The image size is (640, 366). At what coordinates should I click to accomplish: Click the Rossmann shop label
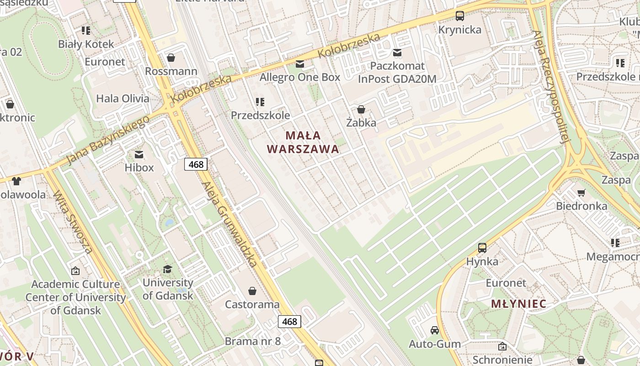click(x=171, y=71)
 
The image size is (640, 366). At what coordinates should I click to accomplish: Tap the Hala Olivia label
click(x=123, y=98)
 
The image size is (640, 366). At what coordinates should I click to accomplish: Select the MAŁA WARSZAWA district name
click(x=303, y=142)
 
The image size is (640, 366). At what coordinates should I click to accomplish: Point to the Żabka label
click(x=361, y=123)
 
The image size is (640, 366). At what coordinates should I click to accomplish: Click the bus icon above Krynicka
click(x=460, y=16)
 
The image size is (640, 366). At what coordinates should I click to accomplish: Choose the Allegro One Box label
click(x=300, y=77)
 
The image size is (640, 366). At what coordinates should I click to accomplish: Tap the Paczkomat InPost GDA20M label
click(x=397, y=72)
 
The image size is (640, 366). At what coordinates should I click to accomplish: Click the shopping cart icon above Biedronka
click(x=581, y=193)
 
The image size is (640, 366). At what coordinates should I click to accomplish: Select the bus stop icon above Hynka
click(x=482, y=248)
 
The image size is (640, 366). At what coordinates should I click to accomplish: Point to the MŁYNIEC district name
click(x=519, y=304)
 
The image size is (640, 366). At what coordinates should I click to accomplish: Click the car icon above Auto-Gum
click(x=435, y=330)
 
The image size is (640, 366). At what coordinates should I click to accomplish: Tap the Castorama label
click(x=252, y=305)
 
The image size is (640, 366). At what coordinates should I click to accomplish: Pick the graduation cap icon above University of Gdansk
click(x=168, y=269)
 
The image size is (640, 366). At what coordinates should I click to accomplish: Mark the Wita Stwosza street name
click(x=73, y=221)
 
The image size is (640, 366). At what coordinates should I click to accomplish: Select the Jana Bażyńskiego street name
click(x=108, y=140)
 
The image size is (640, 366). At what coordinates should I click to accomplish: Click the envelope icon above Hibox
click(x=139, y=155)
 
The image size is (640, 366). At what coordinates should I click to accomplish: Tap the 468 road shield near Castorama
click(x=289, y=322)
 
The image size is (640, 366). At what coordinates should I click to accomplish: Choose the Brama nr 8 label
click(x=252, y=341)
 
